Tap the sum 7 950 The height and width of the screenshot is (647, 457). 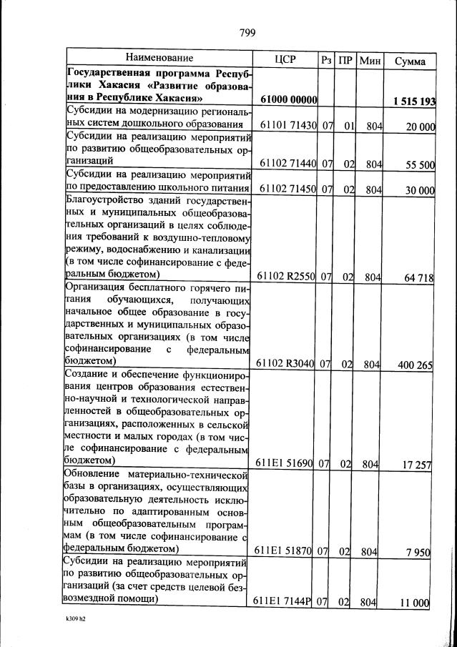pos(416,551)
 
